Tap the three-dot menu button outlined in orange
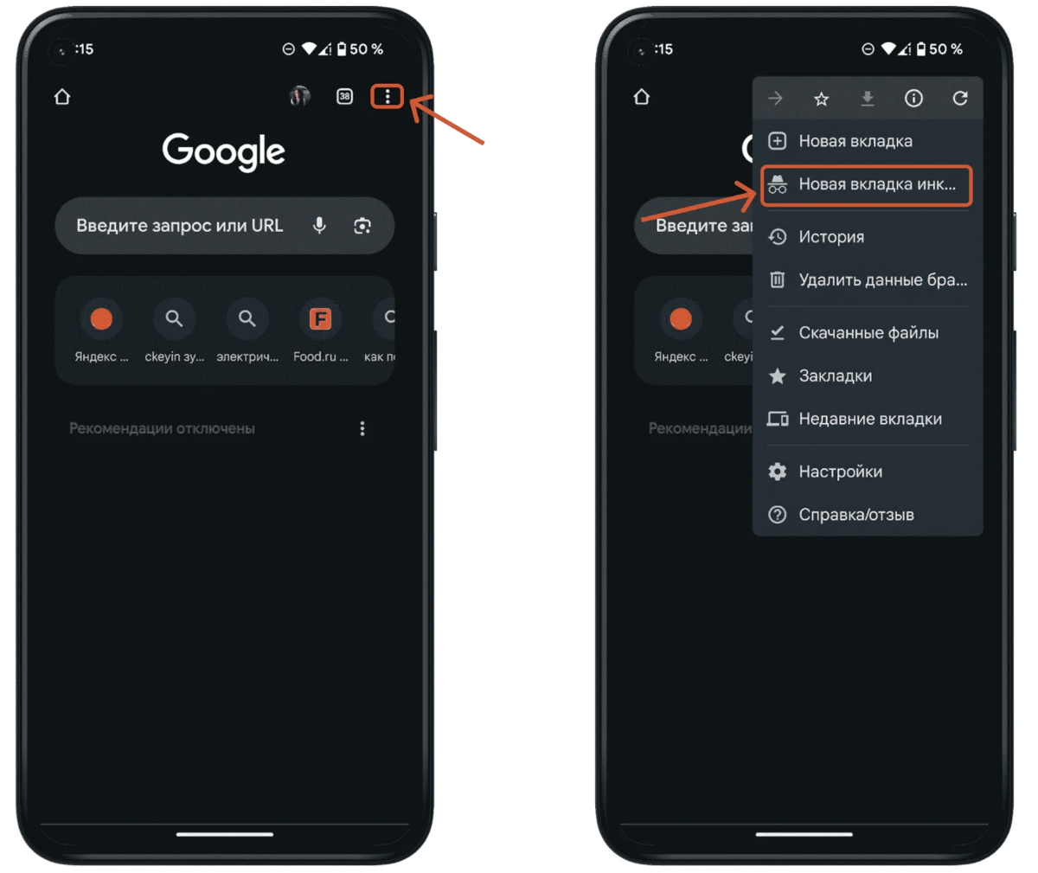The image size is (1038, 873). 388,96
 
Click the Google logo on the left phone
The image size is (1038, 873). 224,151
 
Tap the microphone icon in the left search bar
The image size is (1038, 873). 320,226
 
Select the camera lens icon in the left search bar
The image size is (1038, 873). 362,226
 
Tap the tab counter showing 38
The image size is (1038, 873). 344,96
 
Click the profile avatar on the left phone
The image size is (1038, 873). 300,96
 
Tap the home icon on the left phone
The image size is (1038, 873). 62,96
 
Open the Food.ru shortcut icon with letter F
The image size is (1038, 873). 320,318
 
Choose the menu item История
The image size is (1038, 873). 831,237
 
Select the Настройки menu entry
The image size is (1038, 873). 840,472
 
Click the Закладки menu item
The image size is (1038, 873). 836,376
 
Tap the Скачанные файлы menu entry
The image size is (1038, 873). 868,332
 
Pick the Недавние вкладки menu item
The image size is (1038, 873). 870,419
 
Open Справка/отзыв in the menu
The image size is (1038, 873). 856,515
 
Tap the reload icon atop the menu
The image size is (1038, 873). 959,99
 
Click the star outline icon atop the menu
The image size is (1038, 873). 821,99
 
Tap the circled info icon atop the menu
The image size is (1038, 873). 913,99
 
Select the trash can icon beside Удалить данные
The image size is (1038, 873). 777,280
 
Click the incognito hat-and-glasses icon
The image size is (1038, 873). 777,184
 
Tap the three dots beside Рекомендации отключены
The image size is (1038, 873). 362,428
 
